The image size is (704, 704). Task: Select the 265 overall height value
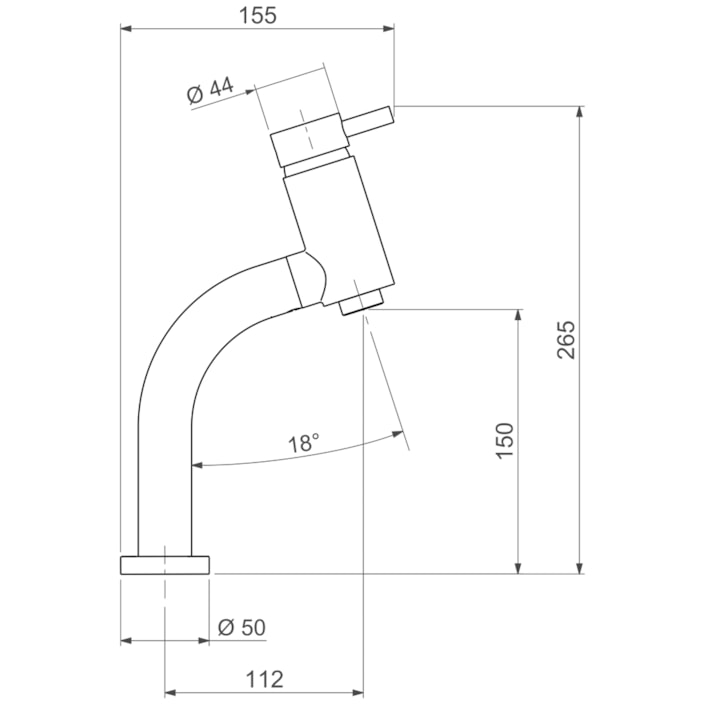[565, 340]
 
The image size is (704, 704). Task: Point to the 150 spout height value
[504, 441]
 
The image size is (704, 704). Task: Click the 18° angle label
[304, 443]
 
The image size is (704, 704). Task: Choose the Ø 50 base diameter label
[241, 627]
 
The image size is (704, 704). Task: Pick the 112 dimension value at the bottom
[264, 679]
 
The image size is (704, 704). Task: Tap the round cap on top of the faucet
[311, 142]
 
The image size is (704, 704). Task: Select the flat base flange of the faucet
[165, 565]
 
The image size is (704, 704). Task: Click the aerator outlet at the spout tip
[362, 303]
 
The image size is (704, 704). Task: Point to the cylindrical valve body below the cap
[335, 225]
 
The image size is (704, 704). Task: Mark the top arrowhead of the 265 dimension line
[579, 112]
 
